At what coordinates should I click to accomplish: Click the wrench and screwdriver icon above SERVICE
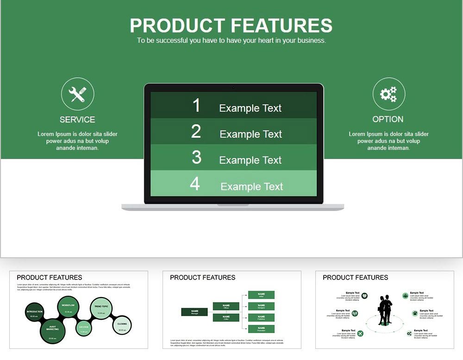point(77,94)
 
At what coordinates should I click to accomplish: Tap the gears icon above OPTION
point(388,94)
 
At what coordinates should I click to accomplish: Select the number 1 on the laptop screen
point(196,106)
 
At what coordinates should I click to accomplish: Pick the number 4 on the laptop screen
point(195,184)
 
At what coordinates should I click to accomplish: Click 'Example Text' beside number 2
point(250,134)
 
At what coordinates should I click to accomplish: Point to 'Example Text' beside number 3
point(250,160)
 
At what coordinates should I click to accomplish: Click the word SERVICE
point(77,119)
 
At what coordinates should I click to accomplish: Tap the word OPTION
point(388,119)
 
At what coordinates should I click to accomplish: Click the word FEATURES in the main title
point(282,25)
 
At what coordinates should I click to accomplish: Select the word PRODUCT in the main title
point(177,25)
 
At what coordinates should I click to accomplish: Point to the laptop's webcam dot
point(233,87)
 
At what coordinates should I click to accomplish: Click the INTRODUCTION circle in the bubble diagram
point(34,313)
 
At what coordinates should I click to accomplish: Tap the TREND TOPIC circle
point(101,309)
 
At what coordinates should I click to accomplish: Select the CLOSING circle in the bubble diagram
point(122,325)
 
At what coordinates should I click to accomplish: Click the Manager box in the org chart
point(194,312)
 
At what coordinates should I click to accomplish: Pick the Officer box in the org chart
point(226,306)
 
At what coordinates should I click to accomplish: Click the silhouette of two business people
point(385,310)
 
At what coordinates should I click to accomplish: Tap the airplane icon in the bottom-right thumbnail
point(361,333)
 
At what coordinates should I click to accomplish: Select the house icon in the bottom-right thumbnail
point(414,313)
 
